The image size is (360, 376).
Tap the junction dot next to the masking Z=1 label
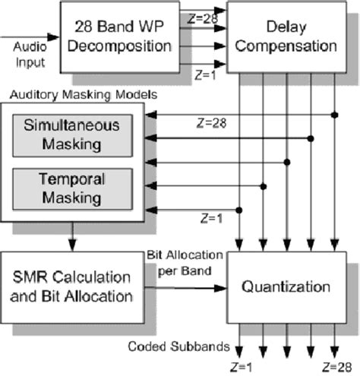click(239, 209)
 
